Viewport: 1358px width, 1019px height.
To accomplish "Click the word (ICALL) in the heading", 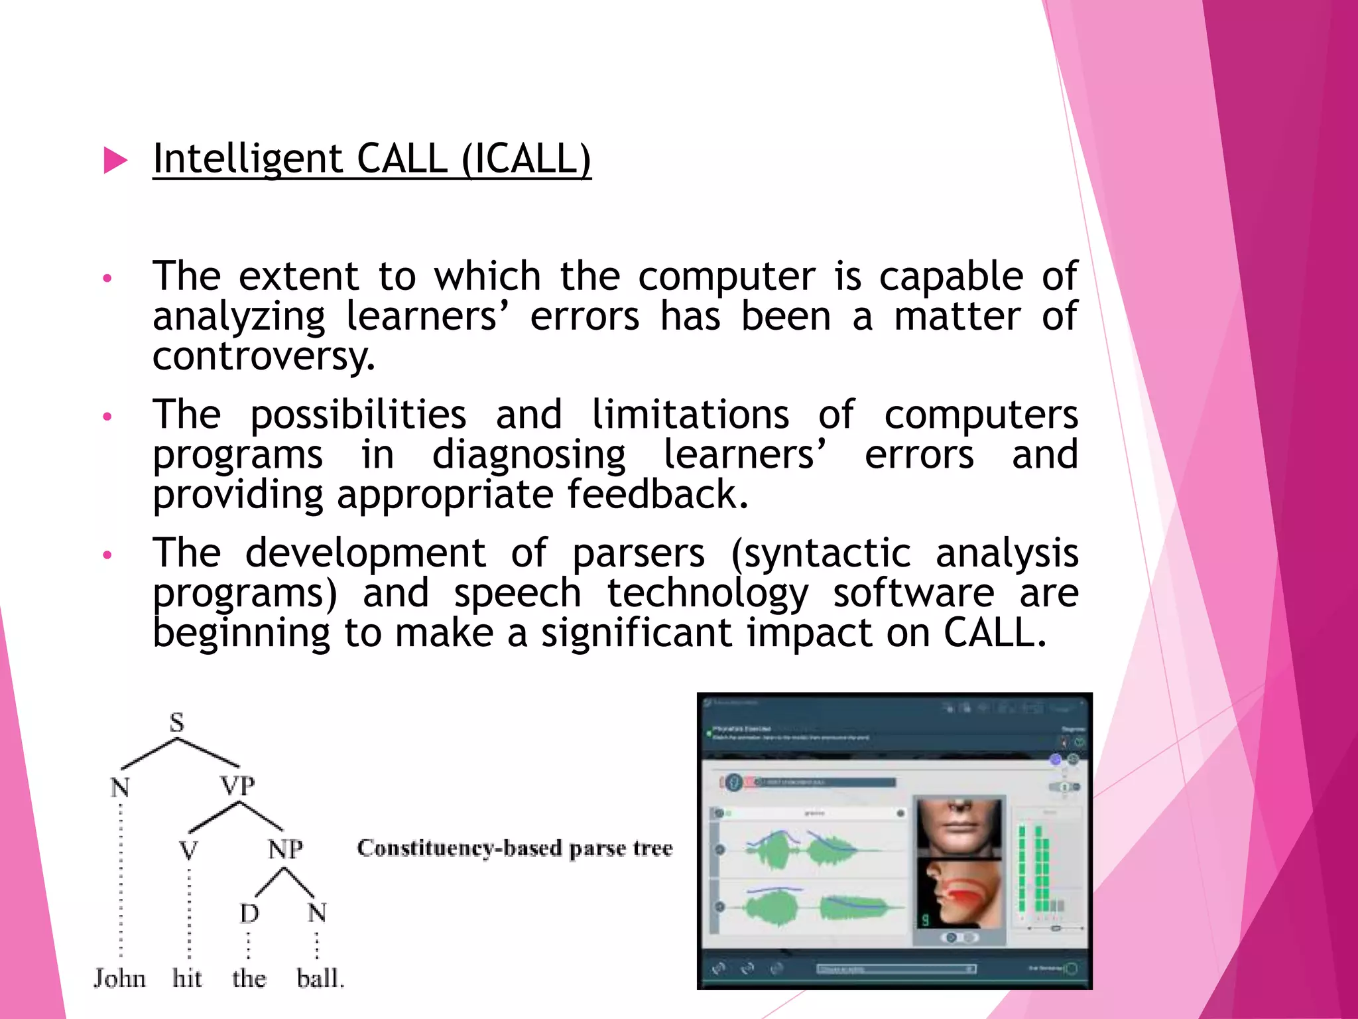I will coord(525,159).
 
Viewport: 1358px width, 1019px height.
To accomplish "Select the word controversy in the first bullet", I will coord(263,357).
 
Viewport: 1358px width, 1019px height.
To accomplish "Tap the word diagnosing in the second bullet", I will coord(528,455).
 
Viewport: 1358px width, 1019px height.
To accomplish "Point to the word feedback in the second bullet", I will coord(657,495).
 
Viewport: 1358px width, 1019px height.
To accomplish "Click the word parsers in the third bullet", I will coord(638,553).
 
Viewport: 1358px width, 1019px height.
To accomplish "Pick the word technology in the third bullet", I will coord(708,593).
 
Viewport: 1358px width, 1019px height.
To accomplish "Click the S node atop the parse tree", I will coord(176,722).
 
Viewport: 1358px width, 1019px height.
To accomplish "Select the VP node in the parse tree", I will coord(237,786).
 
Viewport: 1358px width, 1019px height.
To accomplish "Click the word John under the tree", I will coord(119,979).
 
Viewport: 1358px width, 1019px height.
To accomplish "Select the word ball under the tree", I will coord(320,979).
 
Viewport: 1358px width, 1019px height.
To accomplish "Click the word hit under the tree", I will coord(187,979).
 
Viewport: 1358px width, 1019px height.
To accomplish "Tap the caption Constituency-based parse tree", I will coord(515,849).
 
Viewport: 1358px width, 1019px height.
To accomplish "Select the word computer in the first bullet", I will coord(726,277).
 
